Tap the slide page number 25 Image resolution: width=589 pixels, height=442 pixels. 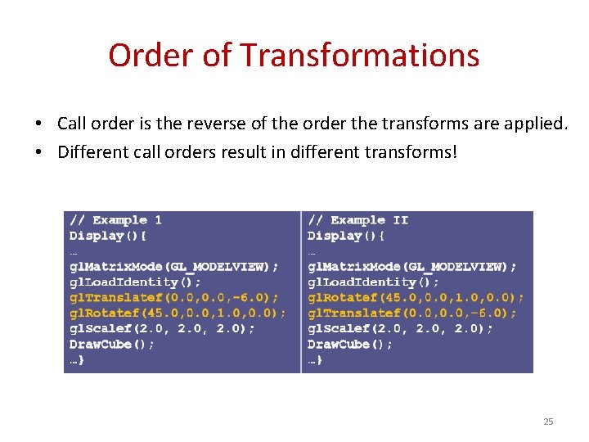548,422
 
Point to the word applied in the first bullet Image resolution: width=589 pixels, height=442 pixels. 537,124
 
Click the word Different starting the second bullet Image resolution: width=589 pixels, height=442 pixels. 89,152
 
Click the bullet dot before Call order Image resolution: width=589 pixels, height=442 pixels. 38,124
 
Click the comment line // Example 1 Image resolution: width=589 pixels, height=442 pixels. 115,220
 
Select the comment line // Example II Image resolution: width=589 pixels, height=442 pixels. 357,220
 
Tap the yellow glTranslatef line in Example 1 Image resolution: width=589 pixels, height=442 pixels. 173,297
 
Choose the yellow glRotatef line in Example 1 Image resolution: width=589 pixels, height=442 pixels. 178,313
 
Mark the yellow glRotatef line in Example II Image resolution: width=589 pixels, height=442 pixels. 416,297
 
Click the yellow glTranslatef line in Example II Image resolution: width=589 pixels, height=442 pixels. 411,313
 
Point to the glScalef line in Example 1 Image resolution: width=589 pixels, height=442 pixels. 162,328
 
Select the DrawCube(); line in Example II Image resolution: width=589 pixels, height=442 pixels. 349,344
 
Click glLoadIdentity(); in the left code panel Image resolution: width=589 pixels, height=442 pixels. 135,282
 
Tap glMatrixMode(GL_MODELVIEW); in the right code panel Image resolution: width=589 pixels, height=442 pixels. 411,266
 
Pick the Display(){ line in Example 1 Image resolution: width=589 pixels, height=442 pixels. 107,236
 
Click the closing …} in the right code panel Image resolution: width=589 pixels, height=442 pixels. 315,359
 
